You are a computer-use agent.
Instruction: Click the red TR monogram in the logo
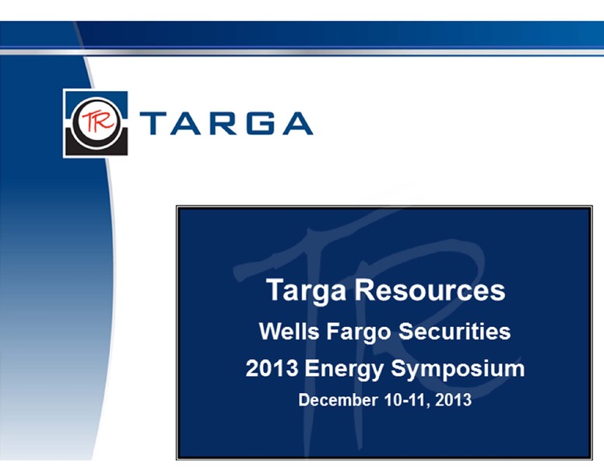click(97, 121)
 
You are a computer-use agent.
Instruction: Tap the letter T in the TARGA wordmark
click(153, 123)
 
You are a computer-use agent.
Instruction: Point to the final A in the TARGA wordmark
click(298, 123)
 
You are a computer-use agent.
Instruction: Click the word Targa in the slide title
click(306, 290)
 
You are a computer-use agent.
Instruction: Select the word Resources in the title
click(430, 290)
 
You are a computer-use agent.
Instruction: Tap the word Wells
click(289, 331)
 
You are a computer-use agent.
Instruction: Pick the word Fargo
click(359, 332)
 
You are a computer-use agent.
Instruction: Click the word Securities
click(455, 331)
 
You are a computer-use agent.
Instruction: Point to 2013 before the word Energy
click(272, 368)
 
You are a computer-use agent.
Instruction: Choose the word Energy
click(344, 370)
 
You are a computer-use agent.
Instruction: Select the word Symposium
click(458, 370)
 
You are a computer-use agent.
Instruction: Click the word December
click(338, 400)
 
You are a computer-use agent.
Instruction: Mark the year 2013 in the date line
click(453, 400)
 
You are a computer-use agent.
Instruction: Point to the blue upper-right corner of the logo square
click(120, 98)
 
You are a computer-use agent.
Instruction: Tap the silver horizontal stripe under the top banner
click(302, 52)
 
